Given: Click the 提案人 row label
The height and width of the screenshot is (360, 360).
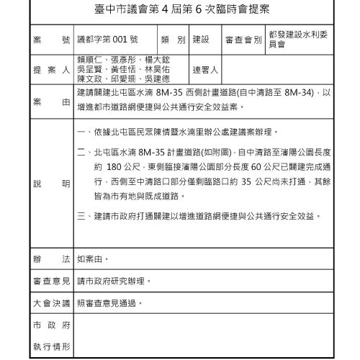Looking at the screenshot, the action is (50, 71).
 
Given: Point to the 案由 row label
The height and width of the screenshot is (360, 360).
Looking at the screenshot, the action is (50, 102).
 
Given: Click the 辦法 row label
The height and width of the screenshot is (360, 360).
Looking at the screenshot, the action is (50, 257).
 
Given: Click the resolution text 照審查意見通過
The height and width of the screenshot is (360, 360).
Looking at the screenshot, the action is (109, 303).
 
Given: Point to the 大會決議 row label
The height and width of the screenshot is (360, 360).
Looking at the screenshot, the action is (50, 303).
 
